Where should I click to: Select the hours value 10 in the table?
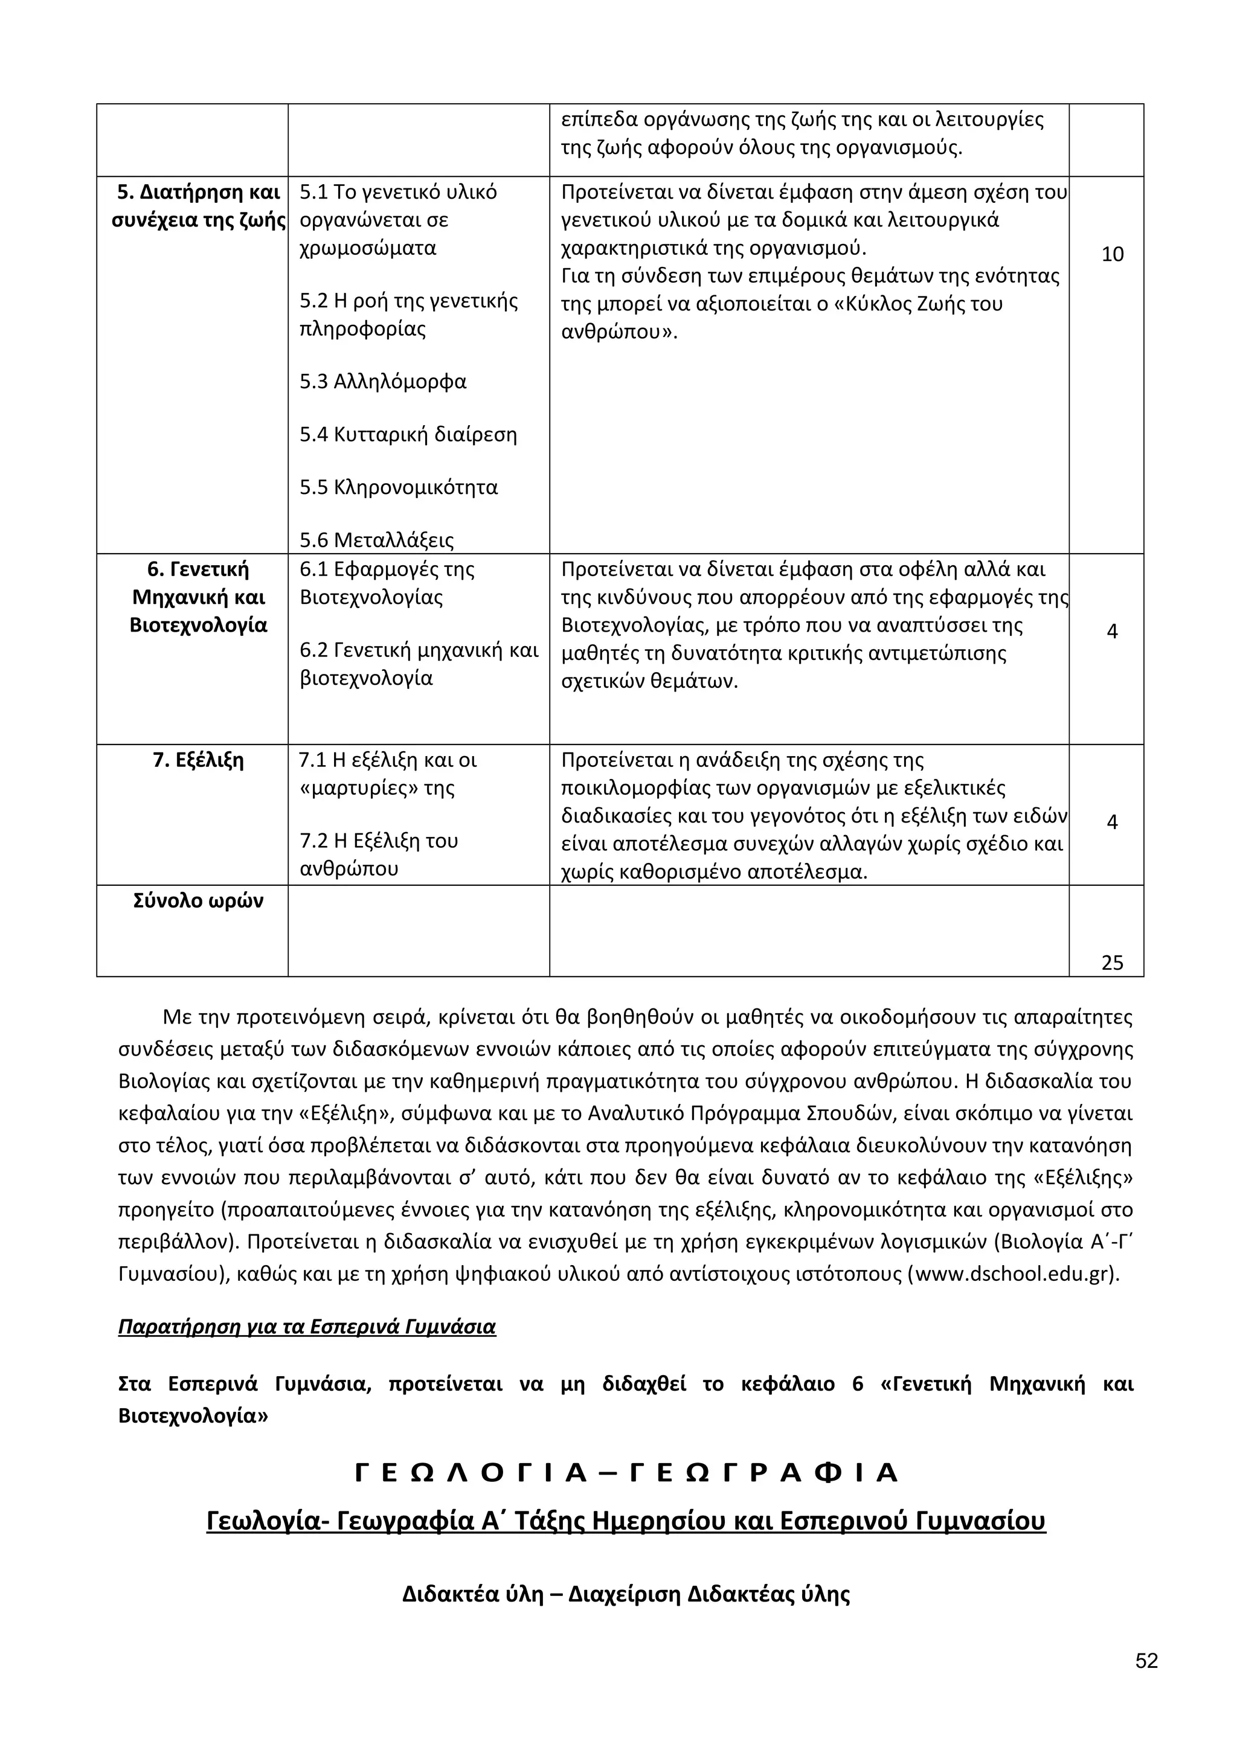coord(1112,255)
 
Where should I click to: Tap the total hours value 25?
coord(1112,963)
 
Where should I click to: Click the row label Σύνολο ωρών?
coord(198,901)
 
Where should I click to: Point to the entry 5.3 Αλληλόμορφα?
coord(382,381)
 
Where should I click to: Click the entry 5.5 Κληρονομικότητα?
coord(398,487)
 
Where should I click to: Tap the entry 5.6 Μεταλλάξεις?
coord(376,540)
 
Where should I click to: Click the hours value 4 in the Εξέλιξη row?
coord(1112,822)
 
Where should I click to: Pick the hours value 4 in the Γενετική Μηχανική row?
coord(1112,631)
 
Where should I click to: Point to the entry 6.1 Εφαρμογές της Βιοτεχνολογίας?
coord(387,583)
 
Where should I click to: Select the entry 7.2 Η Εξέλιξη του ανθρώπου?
coord(379,854)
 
